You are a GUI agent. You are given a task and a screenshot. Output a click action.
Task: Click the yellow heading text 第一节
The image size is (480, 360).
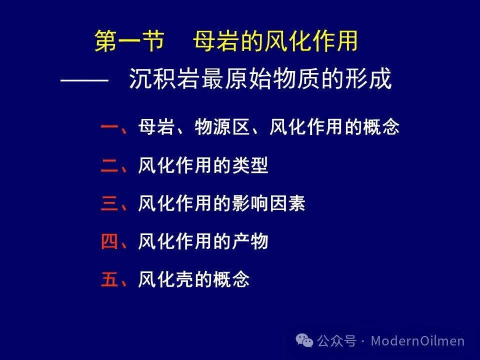(129, 40)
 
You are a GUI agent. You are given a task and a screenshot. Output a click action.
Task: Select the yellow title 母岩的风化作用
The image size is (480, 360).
(275, 40)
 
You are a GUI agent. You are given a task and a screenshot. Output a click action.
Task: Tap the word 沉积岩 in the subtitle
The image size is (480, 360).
(164, 78)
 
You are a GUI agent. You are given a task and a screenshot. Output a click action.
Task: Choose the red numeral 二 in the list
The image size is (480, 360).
(109, 165)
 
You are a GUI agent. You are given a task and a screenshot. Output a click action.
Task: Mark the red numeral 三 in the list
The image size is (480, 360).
(109, 203)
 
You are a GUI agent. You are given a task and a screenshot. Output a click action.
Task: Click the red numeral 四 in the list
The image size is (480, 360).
(109, 241)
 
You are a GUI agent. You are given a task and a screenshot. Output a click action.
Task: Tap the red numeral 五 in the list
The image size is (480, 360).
(109, 279)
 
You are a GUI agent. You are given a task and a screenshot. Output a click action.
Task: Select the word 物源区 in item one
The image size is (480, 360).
(222, 126)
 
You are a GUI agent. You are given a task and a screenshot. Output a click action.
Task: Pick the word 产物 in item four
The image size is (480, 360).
(250, 241)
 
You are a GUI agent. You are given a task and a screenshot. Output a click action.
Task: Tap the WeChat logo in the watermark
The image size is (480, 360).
(304, 340)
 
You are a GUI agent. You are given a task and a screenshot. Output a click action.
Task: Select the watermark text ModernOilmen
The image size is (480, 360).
(418, 340)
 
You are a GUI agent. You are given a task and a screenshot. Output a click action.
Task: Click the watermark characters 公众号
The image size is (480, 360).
(336, 340)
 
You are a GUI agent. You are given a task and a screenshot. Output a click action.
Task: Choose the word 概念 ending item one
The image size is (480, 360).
(381, 126)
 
